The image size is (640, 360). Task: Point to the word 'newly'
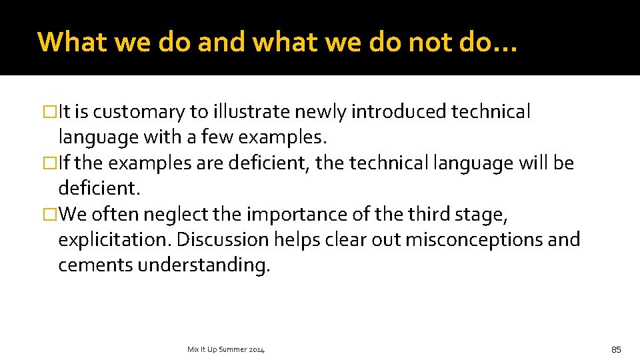(323, 112)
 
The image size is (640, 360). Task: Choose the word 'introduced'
(398, 112)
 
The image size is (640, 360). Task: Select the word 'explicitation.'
(115, 239)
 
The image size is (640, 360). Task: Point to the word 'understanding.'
(204, 265)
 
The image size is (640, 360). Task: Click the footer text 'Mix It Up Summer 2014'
(227, 349)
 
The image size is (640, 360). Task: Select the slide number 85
(615, 349)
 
